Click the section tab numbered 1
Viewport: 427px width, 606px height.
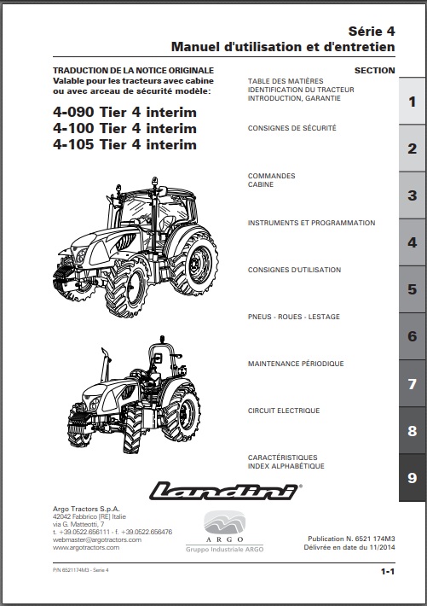[x=413, y=102]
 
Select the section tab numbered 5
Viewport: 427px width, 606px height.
[x=413, y=289]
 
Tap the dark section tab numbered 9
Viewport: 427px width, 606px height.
[x=413, y=478]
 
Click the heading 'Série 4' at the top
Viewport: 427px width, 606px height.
[x=372, y=31]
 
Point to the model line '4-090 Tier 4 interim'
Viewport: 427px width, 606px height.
[x=124, y=112]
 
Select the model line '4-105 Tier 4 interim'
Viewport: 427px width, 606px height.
[x=124, y=144]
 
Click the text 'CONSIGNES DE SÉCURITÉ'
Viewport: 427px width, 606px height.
[x=291, y=128]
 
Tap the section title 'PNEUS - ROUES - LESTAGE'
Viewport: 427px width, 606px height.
[x=294, y=317]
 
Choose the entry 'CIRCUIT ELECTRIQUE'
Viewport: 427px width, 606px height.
[x=284, y=411]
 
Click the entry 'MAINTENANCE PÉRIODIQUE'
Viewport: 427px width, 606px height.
[x=296, y=364]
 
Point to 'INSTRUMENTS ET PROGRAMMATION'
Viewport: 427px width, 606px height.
[x=312, y=223]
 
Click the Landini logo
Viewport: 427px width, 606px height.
[x=225, y=491]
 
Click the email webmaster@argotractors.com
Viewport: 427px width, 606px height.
[x=97, y=539]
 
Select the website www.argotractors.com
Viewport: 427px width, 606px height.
[x=86, y=547]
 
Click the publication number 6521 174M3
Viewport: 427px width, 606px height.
[x=370, y=539]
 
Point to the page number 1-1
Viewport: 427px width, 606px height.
[x=388, y=571]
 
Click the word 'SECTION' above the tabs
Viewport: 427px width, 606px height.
[x=375, y=70]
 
